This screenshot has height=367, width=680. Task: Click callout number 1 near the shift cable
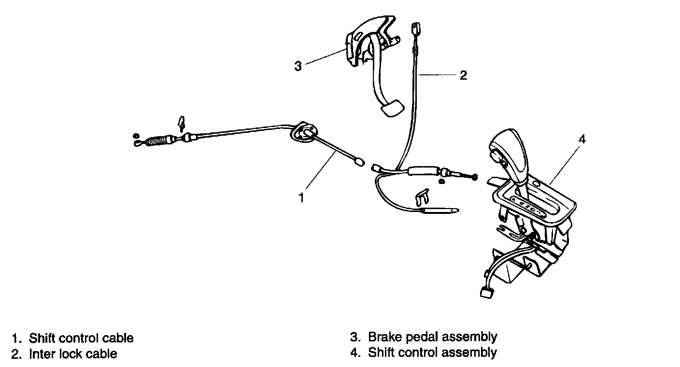pyautogui.click(x=301, y=198)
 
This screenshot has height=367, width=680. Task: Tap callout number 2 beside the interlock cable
pyautogui.click(x=463, y=75)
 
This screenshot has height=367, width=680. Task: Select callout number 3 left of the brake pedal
pyautogui.click(x=298, y=66)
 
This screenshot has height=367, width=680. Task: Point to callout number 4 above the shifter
pyautogui.click(x=582, y=140)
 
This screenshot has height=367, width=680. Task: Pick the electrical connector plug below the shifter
pyautogui.click(x=484, y=292)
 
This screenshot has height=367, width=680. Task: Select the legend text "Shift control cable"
pyautogui.click(x=81, y=338)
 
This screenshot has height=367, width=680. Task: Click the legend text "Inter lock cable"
pyautogui.click(x=73, y=354)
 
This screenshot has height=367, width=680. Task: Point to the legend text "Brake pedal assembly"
pyautogui.click(x=432, y=337)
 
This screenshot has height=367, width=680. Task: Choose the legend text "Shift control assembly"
pyautogui.click(x=432, y=353)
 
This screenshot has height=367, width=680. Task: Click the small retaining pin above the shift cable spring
pyautogui.click(x=182, y=123)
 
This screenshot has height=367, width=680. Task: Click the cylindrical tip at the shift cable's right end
pyautogui.click(x=358, y=163)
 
